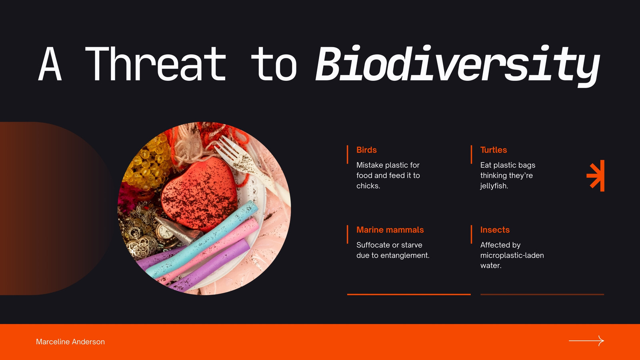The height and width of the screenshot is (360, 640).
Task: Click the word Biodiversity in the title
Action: point(458,65)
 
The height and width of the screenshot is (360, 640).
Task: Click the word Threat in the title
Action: point(156,64)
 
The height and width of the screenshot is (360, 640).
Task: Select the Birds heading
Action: point(366,150)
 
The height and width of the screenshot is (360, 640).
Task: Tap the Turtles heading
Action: point(494,150)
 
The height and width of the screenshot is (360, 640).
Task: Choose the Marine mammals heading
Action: point(390,230)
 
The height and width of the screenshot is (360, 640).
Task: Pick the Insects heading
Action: point(495,230)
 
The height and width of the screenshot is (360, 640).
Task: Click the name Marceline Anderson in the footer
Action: point(70,342)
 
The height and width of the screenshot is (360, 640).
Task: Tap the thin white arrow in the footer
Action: point(586,341)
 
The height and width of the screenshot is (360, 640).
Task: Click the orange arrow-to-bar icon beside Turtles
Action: point(596,176)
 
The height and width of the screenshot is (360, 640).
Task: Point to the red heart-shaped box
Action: point(200,194)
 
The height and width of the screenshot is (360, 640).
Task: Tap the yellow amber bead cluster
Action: point(147,163)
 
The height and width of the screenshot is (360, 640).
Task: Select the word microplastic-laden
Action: point(512,255)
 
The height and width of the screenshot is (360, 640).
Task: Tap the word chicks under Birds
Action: point(368,186)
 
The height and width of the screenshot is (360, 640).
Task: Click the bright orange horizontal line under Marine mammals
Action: point(409,294)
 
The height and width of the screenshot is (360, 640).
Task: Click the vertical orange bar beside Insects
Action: point(472,234)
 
